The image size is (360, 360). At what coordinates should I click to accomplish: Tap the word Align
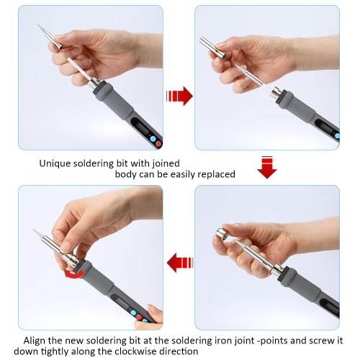(37, 340)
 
